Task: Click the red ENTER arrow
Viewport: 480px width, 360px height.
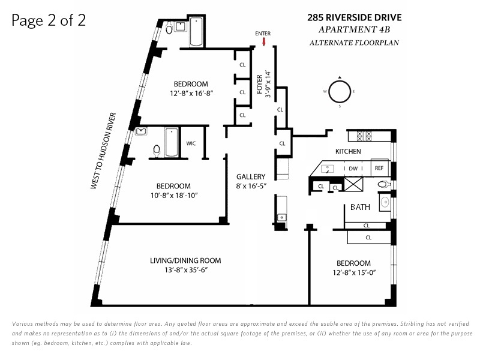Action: (x=264, y=41)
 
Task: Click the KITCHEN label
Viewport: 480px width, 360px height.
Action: (x=348, y=151)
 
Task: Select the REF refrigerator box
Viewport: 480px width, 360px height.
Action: (x=379, y=168)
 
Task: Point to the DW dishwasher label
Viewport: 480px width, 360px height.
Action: (x=353, y=169)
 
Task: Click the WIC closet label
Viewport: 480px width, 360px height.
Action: (x=191, y=143)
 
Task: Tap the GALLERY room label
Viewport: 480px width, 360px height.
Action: (x=251, y=176)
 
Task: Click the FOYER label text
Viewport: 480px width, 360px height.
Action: (x=260, y=84)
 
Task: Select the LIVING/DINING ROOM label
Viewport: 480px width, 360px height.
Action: (x=185, y=260)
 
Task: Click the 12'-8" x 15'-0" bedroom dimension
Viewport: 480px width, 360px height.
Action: (x=354, y=272)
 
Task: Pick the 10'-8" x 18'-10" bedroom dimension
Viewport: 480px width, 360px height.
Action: (x=174, y=196)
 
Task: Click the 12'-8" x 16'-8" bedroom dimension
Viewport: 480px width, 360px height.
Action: (x=191, y=94)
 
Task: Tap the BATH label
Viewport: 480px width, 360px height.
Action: (x=360, y=207)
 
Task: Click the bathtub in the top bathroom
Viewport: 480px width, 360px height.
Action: (x=196, y=32)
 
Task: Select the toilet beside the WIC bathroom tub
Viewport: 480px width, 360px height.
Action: (x=157, y=151)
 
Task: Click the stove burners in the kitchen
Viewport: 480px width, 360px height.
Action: (x=364, y=136)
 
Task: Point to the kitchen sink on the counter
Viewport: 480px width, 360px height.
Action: (x=328, y=169)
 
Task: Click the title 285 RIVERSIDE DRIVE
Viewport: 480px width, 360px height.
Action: (x=355, y=17)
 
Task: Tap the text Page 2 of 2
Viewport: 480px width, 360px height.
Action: (x=49, y=21)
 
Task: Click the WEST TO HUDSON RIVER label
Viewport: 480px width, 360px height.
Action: (x=103, y=151)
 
